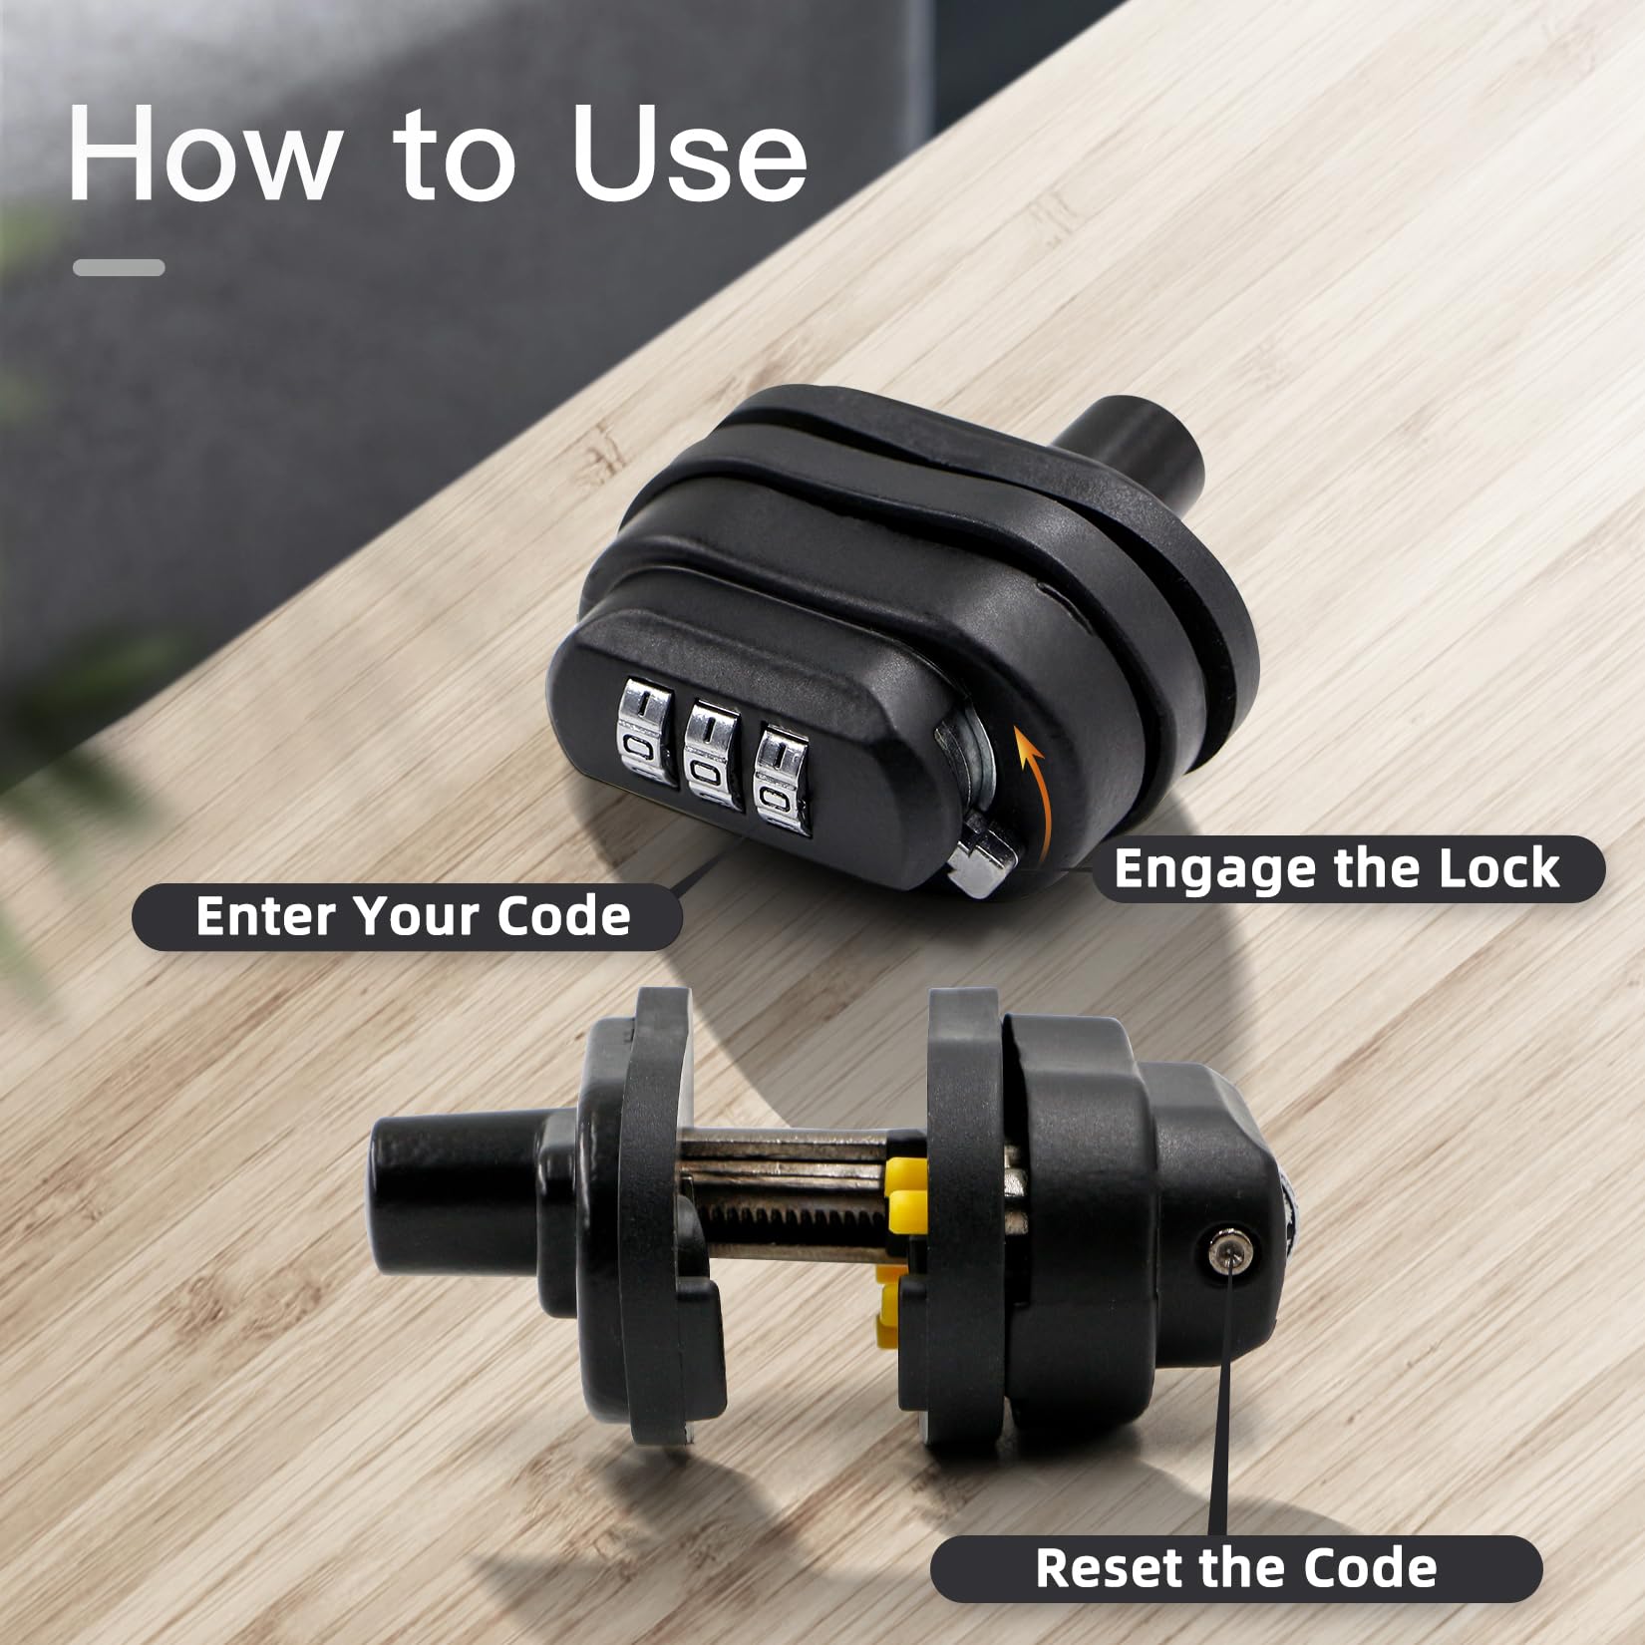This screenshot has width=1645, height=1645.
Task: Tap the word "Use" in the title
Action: [x=689, y=151]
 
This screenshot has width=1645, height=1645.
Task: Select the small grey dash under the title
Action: [x=119, y=267]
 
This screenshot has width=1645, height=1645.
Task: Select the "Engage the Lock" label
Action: [x=1337, y=868]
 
